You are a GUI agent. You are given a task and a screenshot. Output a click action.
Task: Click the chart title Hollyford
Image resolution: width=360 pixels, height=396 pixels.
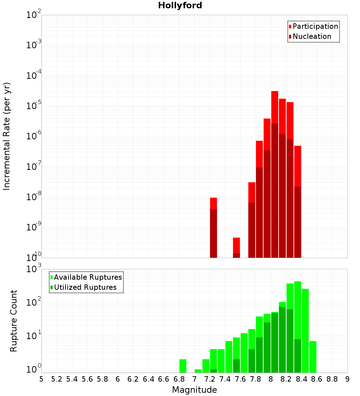point(180,5)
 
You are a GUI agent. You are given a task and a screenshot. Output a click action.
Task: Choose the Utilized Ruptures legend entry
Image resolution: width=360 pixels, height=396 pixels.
point(85,287)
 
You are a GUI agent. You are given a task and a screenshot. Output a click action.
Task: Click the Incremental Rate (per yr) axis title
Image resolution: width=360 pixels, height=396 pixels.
point(6,136)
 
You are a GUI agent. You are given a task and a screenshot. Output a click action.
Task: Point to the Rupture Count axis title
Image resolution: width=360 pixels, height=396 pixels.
point(13,321)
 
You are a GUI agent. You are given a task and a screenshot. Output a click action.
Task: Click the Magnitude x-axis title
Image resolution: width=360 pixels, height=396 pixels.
point(194,390)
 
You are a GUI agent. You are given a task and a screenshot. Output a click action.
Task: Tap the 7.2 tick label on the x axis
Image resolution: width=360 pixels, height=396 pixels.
point(210,379)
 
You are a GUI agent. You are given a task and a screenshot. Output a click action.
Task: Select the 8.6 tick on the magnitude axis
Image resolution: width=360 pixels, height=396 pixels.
point(317,379)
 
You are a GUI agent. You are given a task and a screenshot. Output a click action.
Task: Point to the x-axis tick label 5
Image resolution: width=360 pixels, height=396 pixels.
point(41,379)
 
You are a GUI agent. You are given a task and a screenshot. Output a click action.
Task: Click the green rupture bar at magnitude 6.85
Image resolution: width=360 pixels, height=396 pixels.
point(183,366)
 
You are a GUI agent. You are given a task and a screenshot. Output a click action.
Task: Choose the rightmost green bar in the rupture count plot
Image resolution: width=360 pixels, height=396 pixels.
point(313,356)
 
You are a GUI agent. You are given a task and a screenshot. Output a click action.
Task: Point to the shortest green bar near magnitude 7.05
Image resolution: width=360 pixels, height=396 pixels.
point(198,371)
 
